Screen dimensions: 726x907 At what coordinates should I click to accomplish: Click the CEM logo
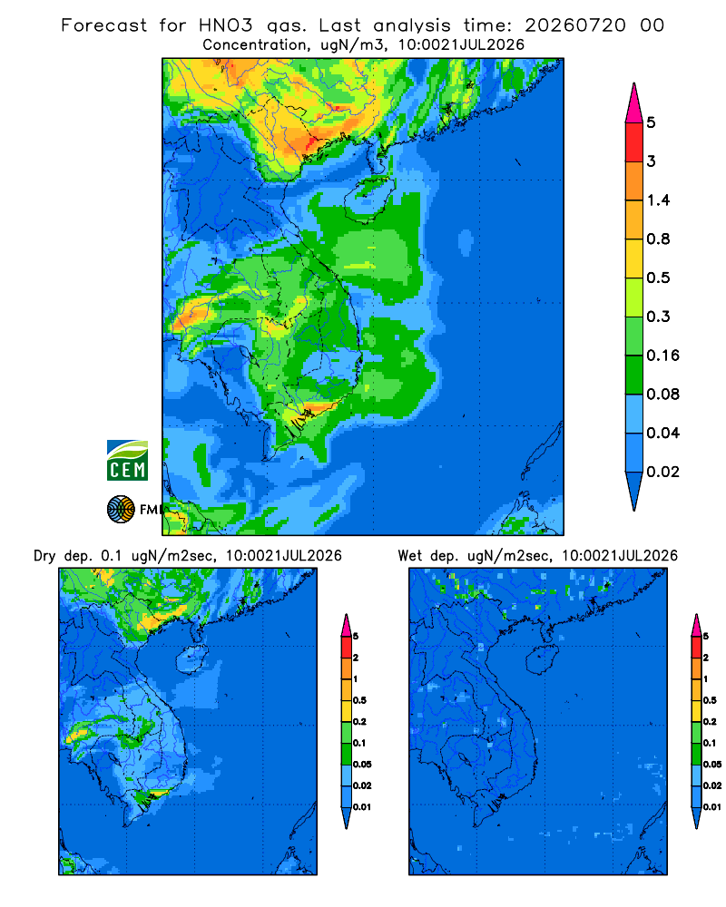(x=127, y=460)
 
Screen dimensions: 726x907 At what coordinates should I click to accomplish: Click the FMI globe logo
(x=121, y=509)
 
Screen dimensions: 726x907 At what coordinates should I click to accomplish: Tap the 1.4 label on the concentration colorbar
(x=658, y=200)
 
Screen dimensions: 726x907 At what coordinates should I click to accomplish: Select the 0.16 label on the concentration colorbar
(x=662, y=356)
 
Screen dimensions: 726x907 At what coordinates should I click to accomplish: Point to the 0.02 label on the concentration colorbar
(x=662, y=472)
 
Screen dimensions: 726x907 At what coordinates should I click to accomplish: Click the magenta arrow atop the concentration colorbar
(x=634, y=102)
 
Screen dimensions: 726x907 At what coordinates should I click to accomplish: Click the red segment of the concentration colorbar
(x=634, y=141)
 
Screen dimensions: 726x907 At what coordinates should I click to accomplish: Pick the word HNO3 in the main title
(x=225, y=25)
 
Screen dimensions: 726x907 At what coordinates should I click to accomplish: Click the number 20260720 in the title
(x=574, y=25)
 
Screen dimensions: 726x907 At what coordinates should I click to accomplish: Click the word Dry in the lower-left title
(x=44, y=556)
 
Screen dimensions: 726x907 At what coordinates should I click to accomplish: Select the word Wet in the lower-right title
(x=410, y=555)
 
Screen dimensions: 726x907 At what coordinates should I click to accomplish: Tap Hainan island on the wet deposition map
(x=543, y=660)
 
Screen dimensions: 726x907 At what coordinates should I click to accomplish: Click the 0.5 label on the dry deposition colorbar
(x=359, y=700)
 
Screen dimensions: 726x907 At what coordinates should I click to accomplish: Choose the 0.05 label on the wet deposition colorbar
(x=712, y=764)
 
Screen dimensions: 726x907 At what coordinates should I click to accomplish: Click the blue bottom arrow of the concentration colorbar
(x=634, y=491)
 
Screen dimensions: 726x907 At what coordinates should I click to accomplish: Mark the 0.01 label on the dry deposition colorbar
(x=362, y=807)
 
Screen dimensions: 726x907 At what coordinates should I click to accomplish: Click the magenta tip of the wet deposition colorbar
(x=696, y=625)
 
